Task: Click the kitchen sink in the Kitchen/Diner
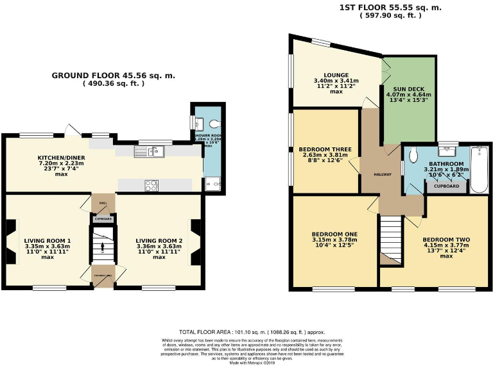(x=148, y=151)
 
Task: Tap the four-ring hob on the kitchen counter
(x=151, y=185)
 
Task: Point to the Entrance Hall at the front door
(x=102, y=275)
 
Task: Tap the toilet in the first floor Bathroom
(x=414, y=154)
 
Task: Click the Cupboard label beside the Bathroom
(x=447, y=186)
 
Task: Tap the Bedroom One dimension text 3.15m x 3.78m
(x=334, y=240)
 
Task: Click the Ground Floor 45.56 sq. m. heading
(x=113, y=76)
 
